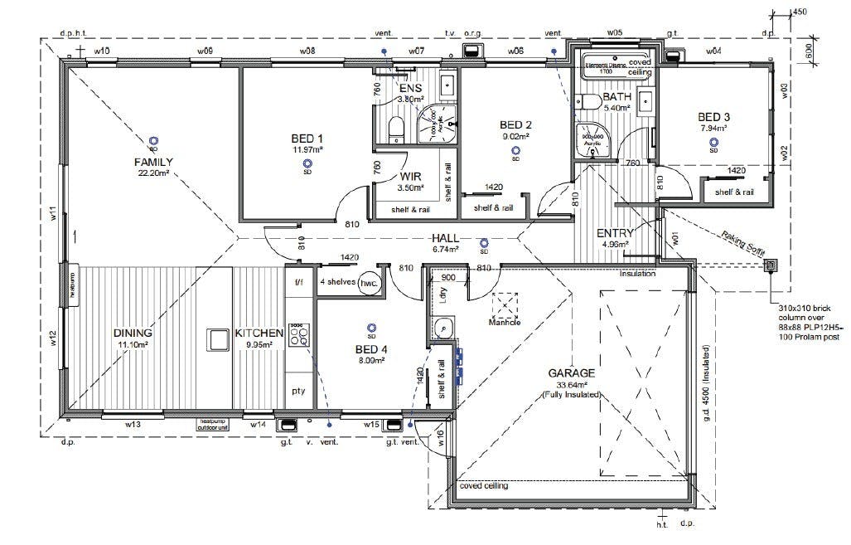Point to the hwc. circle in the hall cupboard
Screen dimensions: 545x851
368,283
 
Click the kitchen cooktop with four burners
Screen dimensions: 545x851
298,336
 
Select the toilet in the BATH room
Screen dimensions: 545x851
590,102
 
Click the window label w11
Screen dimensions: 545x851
51,217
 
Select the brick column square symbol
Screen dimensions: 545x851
770,265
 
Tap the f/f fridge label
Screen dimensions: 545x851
298,282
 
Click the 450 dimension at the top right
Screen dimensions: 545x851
799,12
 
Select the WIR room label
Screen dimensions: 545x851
412,177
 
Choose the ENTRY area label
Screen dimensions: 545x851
615,233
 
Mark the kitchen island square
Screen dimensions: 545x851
218,340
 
